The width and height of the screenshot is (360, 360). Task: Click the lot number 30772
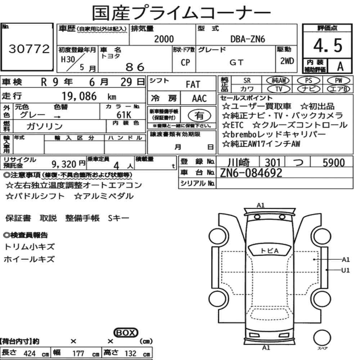click(x=29, y=49)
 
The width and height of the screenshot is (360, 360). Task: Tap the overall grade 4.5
click(x=328, y=45)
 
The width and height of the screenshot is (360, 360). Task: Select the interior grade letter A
click(x=340, y=66)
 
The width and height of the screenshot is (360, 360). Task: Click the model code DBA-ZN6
click(x=248, y=39)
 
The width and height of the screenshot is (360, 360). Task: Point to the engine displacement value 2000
click(x=164, y=39)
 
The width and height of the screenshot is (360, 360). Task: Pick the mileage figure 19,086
click(x=79, y=96)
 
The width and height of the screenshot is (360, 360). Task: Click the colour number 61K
click(x=124, y=114)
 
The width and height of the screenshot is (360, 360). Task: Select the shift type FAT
click(x=193, y=85)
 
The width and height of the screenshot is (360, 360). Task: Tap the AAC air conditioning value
click(x=199, y=99)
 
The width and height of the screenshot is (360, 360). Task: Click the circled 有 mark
click(x=199, y=116)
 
